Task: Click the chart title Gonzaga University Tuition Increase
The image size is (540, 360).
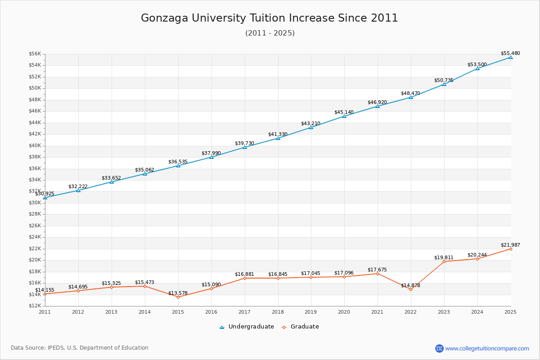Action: point(269,18)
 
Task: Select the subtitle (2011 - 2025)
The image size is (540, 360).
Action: point(270,33)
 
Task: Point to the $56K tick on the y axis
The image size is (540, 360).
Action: point(35,54)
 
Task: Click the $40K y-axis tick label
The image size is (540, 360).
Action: point(35,145)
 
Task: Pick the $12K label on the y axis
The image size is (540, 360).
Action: point(35,306)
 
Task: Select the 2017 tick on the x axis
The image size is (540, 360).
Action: point(244,312)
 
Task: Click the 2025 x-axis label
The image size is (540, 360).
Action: point(510,312)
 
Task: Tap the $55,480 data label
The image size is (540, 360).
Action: point(510,53)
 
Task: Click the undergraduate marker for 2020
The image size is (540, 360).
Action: point(344,116)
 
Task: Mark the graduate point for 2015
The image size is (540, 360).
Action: point(178,297)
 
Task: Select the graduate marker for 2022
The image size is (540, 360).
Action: point(410,289)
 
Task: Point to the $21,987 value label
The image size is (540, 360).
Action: point(510,245)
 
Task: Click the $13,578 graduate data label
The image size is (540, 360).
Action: point(178,293)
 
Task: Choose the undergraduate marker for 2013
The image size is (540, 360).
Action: point(112,182)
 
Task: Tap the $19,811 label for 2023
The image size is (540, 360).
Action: point(444,257)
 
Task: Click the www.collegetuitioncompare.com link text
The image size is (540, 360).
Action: point(487,348)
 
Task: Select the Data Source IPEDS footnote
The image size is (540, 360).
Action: point(80,348)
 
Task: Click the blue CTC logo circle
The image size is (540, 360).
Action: point(439,348)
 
